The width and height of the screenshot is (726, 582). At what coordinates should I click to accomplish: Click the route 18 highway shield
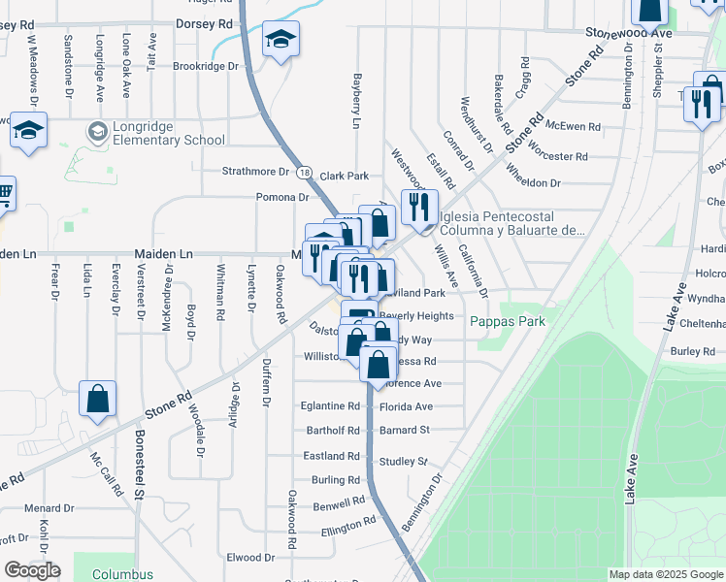[x=304, y=172]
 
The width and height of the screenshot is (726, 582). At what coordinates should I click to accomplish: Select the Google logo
[x=32, y=570]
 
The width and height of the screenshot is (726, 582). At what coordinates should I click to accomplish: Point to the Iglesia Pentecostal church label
[x=512, y=223]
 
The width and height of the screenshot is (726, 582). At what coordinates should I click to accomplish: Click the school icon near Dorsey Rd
[x=280, y=40]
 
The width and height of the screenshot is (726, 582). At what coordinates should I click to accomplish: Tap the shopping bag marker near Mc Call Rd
[x=97, y=399]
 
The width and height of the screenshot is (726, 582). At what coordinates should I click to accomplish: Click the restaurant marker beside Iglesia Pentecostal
[x=419, y=206]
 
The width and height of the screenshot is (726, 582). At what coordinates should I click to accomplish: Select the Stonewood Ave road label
[x=629, y=32]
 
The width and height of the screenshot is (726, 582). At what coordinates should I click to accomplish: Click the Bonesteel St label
[x=140, y=465]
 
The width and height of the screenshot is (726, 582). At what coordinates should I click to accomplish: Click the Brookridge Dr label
[x=205, y=66]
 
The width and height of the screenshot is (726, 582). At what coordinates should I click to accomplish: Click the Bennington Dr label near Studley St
[x=420, y=502]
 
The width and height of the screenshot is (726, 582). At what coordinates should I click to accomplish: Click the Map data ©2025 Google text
[x=665, y=574]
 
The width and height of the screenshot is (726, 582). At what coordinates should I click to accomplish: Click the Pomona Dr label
[x=282, y=197]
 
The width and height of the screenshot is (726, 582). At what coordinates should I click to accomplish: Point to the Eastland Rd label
[x=332, y=456]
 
